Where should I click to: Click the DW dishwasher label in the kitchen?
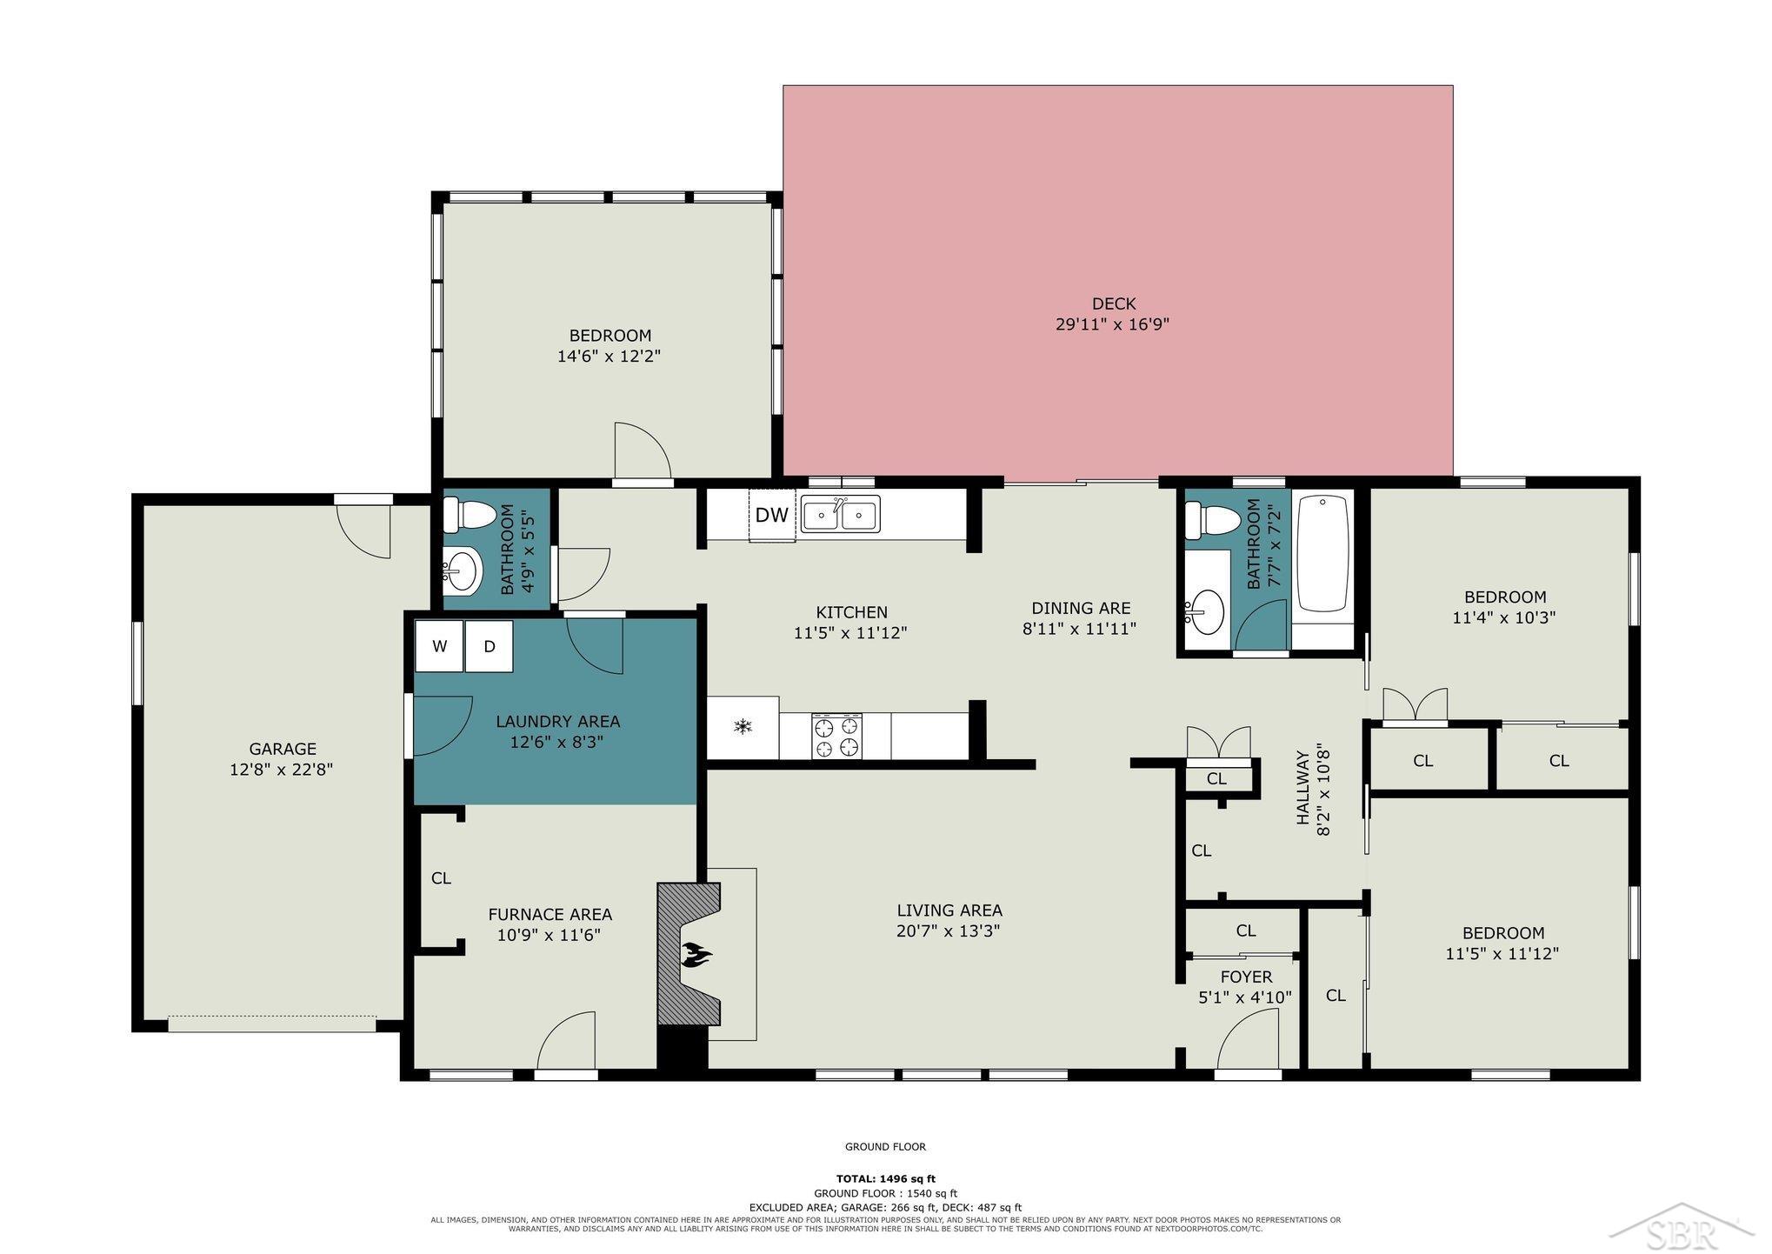771,515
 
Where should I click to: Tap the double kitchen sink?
840,513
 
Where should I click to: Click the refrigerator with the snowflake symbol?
743,727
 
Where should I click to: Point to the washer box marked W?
439,646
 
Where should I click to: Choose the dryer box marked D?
490,646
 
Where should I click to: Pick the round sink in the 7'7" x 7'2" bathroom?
1205,610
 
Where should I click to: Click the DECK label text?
1114,303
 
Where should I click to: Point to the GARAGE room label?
283,749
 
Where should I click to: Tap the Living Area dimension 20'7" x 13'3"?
949,931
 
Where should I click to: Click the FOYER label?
1246,977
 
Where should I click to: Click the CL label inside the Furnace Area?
441,878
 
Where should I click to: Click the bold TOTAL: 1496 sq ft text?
885,1179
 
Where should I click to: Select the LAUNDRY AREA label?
557,722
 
